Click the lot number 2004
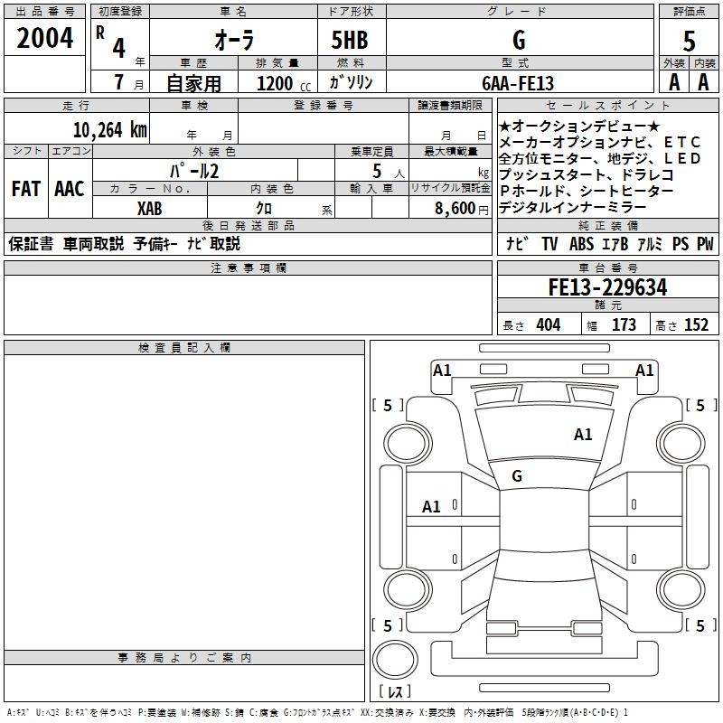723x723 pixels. click(44, 38)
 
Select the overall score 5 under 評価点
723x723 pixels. click(689, 42)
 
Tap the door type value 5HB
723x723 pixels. click(350, 40)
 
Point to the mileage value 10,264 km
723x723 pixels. click(110, 129)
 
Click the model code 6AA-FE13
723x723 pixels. click(518, 83)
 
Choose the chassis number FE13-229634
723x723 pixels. click(607, 287)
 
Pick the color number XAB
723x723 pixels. click(149, 209)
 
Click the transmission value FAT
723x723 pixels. click(26, 188)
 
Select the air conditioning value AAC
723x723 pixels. click(70, 188)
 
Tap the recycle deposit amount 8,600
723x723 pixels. click(455, 209)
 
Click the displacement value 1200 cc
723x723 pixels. click(284, 83)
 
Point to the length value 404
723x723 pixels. click(548, 324)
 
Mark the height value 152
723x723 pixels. click(696, 324)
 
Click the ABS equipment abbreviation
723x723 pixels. click(581, 243)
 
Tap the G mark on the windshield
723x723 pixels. click(517, 475)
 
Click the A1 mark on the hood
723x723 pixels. click(583, 434)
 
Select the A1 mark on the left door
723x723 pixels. click(431, 506)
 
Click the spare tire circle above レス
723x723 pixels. click(395, 660)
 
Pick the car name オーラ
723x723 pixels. click(234, 40)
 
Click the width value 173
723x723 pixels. click(624, 324)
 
